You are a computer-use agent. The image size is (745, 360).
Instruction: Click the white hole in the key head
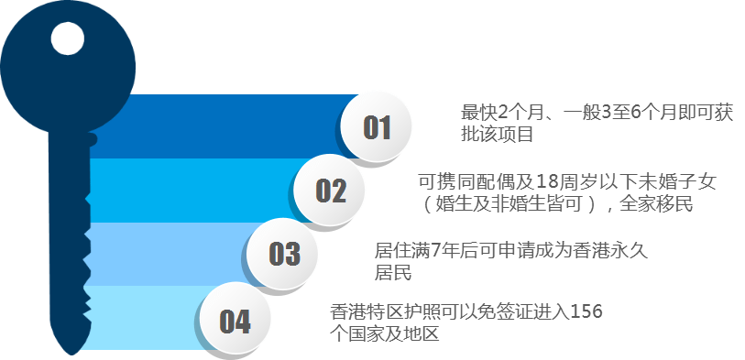point(68,38)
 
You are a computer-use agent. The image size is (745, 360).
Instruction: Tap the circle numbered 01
point(377,126)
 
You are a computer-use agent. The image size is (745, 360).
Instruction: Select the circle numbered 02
point(329,190)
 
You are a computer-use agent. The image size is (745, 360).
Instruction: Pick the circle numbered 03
point(283,253)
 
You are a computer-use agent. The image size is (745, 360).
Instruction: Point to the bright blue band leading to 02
point(195,190)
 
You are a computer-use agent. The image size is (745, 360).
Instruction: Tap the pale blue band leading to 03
point(171,254)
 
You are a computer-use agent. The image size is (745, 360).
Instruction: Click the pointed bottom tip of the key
point(71,355)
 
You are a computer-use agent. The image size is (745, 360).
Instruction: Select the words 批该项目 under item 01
point(497,135)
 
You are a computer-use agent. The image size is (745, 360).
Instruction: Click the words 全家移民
point(656,204)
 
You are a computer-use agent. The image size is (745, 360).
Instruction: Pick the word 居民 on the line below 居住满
point(393,273)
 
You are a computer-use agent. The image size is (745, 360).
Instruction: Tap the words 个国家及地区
point(384,333)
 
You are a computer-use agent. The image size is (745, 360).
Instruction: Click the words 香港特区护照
point(384,312)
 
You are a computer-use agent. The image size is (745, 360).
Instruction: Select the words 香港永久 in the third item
point(611,250)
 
